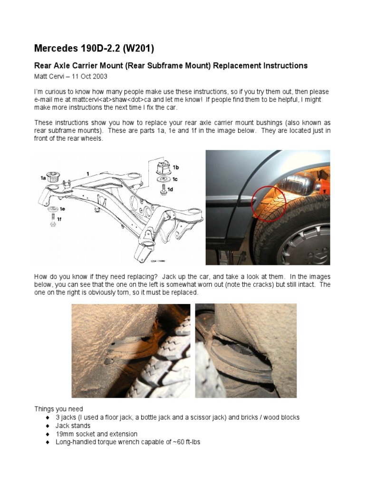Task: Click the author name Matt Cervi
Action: click(x=49, y=77)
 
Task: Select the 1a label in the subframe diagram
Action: click(x=43, y=178)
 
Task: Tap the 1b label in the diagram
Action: click(x=176, y=167)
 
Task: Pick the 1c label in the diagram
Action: click(x=175, y=179)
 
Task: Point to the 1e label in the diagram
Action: click(x=62, y=209)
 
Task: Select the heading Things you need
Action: click(x=58, y=409)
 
